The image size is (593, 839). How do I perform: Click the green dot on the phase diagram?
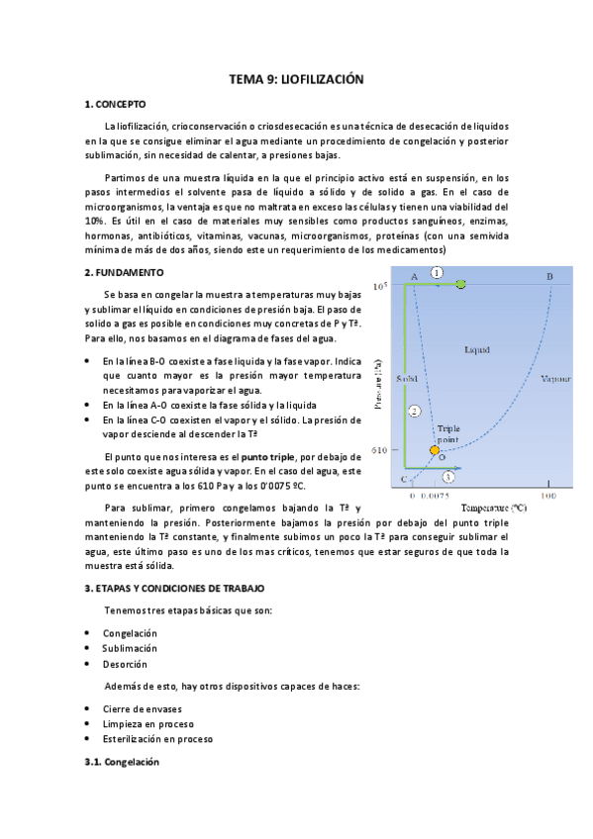click(x=461, y=285)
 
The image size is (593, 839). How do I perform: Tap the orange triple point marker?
click(x=434, y=451)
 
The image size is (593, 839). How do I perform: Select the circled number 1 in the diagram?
click(x=437, y=272)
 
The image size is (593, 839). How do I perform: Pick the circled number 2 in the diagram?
click(x=415, y=411)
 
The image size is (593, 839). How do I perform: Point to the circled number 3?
click(x=449, y=477)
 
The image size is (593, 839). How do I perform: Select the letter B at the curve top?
click(x=549, y=276)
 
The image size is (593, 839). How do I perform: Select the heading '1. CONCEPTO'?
click(x=116, y=103)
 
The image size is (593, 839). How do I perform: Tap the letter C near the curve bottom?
click(x=404, y=480)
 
